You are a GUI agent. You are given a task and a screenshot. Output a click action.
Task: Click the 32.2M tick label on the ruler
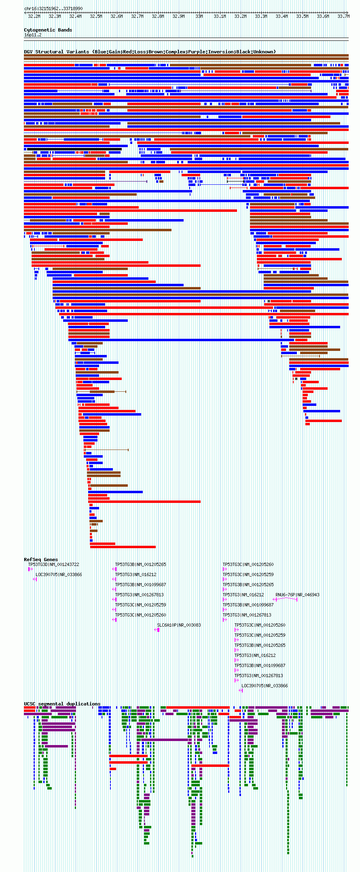34,17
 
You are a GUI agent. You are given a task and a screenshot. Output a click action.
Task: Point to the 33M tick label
199,17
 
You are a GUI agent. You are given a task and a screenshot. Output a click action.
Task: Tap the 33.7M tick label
343,17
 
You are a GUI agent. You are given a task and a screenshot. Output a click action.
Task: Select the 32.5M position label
96,17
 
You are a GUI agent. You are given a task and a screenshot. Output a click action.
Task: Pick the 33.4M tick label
282,17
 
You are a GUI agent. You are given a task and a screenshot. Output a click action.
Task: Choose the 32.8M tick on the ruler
158,17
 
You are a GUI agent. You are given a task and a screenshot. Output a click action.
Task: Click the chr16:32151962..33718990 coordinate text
53,8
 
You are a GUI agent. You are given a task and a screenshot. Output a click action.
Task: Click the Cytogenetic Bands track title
48,30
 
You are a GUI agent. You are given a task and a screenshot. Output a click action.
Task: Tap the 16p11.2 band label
33,35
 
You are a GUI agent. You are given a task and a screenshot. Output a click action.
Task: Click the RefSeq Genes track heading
41,560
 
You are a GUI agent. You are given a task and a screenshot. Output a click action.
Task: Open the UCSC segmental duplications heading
62,704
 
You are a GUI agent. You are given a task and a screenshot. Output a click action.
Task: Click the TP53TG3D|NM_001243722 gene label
53,564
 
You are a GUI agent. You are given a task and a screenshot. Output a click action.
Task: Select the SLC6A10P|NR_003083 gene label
179,625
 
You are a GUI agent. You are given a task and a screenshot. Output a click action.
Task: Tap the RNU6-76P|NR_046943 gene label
297,595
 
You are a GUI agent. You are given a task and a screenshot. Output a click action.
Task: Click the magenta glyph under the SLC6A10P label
157,630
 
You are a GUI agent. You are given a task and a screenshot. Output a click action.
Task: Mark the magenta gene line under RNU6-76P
286,599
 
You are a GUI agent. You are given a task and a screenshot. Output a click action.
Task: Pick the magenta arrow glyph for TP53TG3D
30,569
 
